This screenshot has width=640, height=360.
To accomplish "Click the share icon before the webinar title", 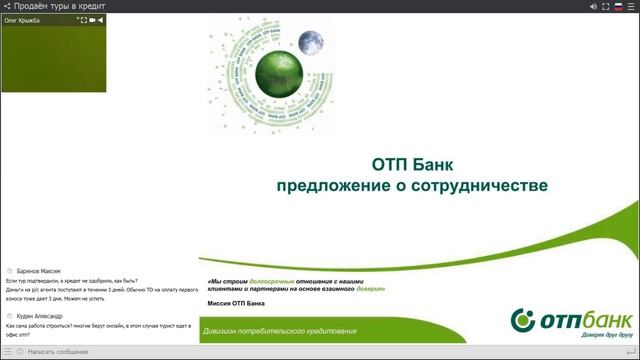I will [7, 6].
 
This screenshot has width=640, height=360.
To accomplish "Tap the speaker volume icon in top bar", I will [593, 6].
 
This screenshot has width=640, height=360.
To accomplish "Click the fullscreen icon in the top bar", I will [606, 6].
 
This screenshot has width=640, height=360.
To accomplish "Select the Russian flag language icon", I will [619, 6].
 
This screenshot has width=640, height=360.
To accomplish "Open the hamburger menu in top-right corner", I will [632, 6].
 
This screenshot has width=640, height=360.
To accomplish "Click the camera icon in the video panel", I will [93, 20].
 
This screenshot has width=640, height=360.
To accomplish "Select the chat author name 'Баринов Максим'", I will [39, 271].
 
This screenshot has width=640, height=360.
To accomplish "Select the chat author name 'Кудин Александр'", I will [40, 316].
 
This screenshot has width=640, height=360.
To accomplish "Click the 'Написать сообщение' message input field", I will [60, 352].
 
